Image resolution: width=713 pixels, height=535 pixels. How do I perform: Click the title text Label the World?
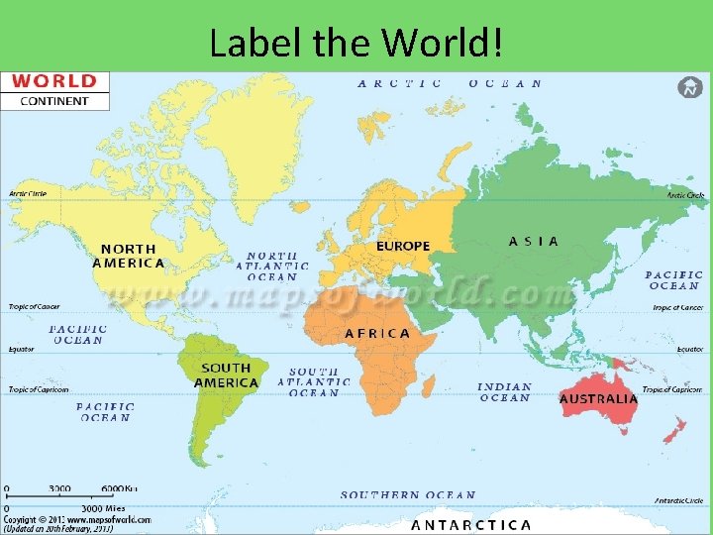pyautogui.click(x=356, y=42)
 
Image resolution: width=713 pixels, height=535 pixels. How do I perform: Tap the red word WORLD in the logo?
pyautogui.click(x=54, y=81)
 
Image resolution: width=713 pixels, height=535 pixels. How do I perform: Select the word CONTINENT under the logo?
pyautogui.click(x=54, y=100)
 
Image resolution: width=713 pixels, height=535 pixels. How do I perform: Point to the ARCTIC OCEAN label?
pyautogui.click(x=450, y=83)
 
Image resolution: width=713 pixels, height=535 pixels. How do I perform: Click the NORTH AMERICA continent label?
pyautogui.click(x=129, y=256)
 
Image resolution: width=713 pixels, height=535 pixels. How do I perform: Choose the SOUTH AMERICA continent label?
pyautogui.click(x=226, y=375)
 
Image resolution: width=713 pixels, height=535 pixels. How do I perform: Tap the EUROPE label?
pyautogui.click(x=403, y=246)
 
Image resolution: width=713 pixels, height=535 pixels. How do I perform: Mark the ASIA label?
pyautogui.click(x=534, y=241)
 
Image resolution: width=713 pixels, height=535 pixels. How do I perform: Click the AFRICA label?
pyautogui.click(x=376, y=333)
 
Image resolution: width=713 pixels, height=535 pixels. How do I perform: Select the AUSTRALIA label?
pyautogui.click(x=598, y=398)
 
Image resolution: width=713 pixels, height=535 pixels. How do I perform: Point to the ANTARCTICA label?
pyautogui.click(x=471, y=525)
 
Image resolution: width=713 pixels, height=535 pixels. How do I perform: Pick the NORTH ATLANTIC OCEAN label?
pyautogui.click(x=271, y=266)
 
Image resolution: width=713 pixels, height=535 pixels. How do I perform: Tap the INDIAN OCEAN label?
pyautogui.click(x=504, y=392)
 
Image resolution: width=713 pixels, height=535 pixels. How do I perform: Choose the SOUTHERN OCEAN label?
pyautogui.click(x=408, y=494)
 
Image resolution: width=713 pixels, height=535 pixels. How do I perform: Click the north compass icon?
pyautogui.click(x=689, y=87)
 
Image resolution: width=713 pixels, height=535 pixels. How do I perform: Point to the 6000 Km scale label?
pyautogui.click(x=119, y=488)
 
